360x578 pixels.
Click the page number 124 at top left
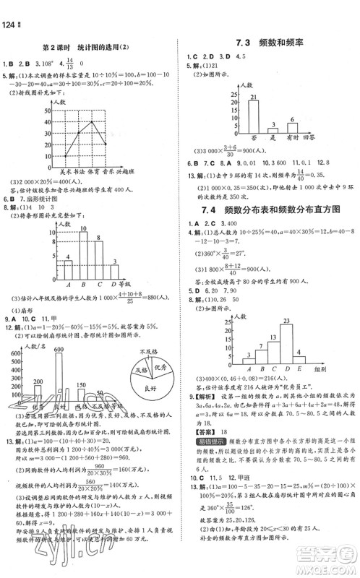(x=9, y=7)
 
